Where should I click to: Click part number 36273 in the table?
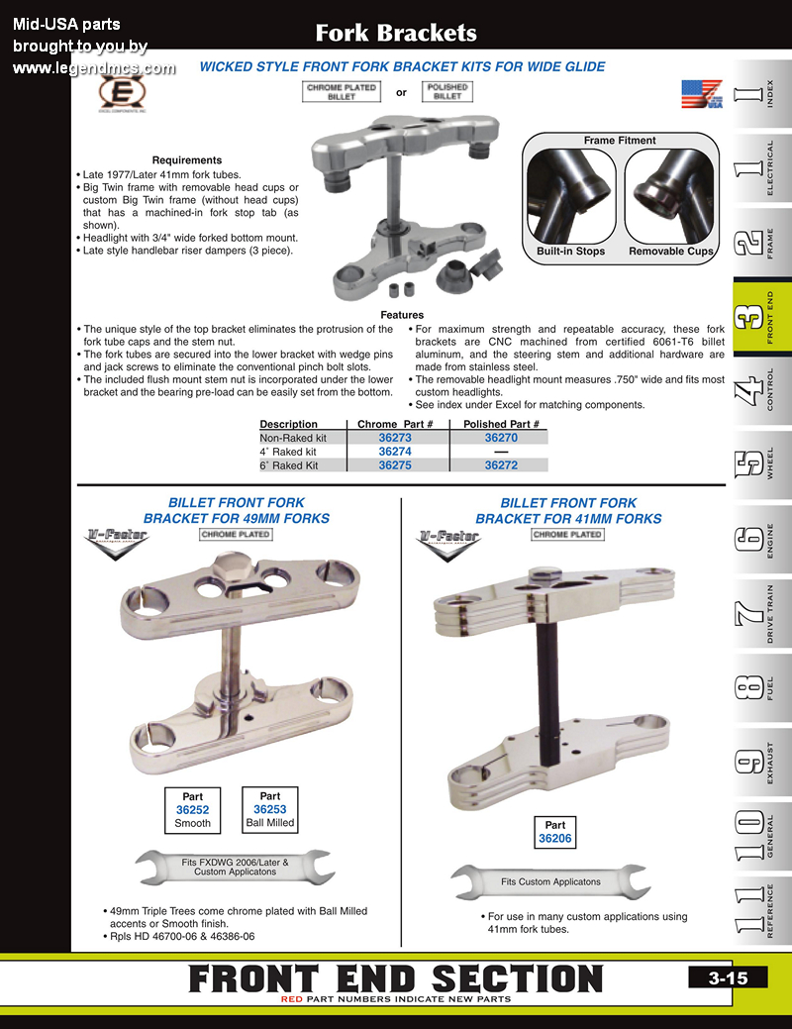(394, 437)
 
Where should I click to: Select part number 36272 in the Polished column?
(501, 464)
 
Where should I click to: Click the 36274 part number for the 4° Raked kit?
(394, 451)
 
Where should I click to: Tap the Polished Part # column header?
(501, 424)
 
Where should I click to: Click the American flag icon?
(702, 94)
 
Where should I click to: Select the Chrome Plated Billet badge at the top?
(342, 92)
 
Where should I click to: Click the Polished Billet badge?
(446, 92)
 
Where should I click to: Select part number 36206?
(555, 838)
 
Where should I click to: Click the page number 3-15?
(727, 978)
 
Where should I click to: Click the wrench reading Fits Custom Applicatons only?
(550, 881)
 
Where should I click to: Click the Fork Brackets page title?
(396, 33)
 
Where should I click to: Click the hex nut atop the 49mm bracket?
(228, 570)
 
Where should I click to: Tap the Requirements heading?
(186, 160)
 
